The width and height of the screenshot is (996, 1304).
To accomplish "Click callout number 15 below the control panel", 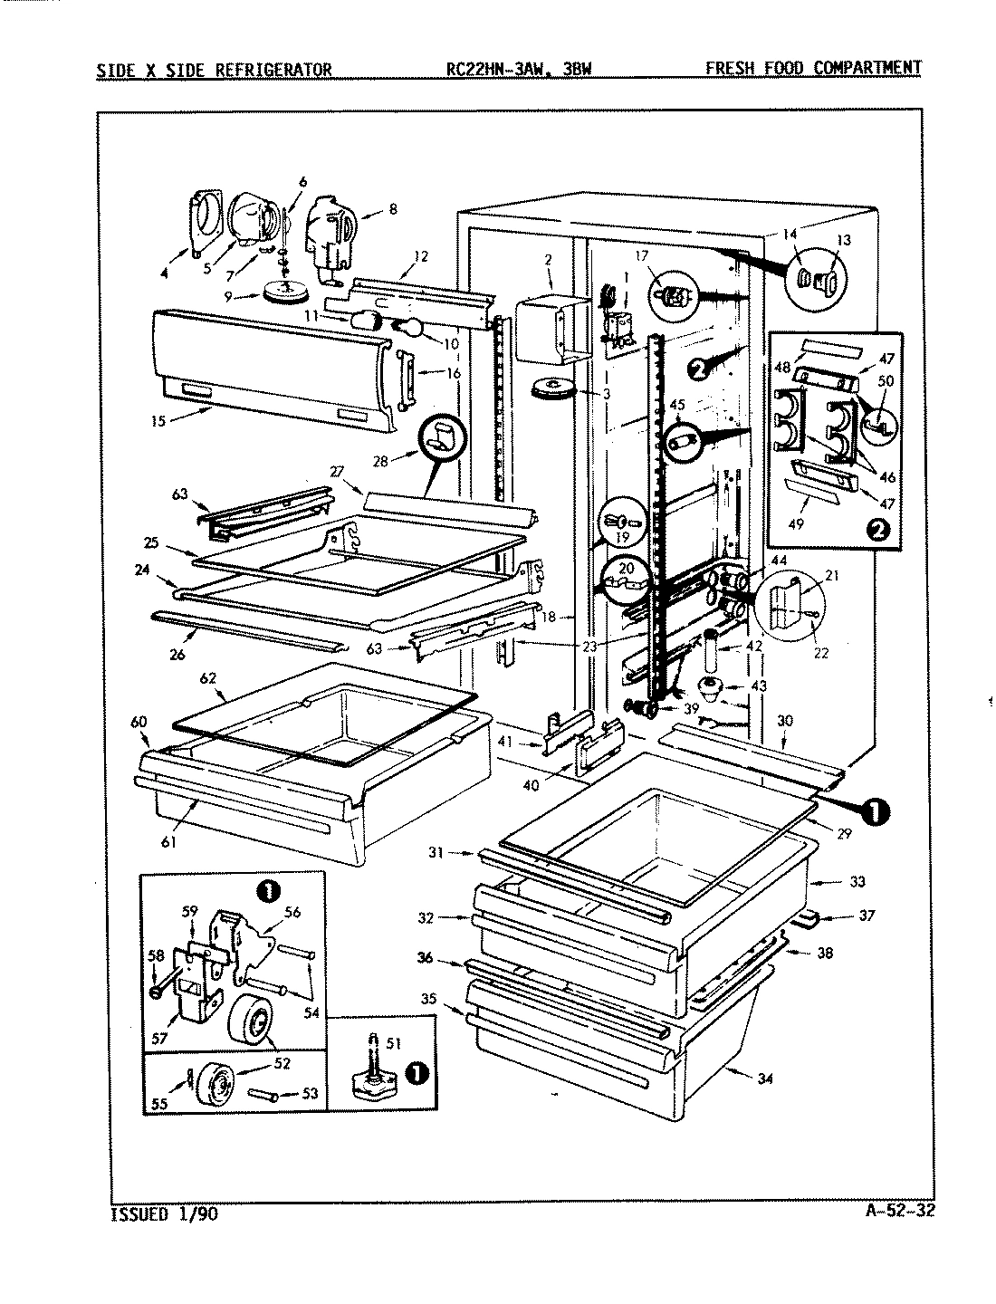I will point(158,420).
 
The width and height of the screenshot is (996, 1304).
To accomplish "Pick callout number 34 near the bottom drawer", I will point(766,1078).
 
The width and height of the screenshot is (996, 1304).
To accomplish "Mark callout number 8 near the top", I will point(391,209).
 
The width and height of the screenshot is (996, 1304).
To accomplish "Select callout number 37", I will point(867,916).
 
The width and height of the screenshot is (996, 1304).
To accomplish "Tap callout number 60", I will point(139,721).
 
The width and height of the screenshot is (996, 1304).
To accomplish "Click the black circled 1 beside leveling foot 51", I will point(415,1072).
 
